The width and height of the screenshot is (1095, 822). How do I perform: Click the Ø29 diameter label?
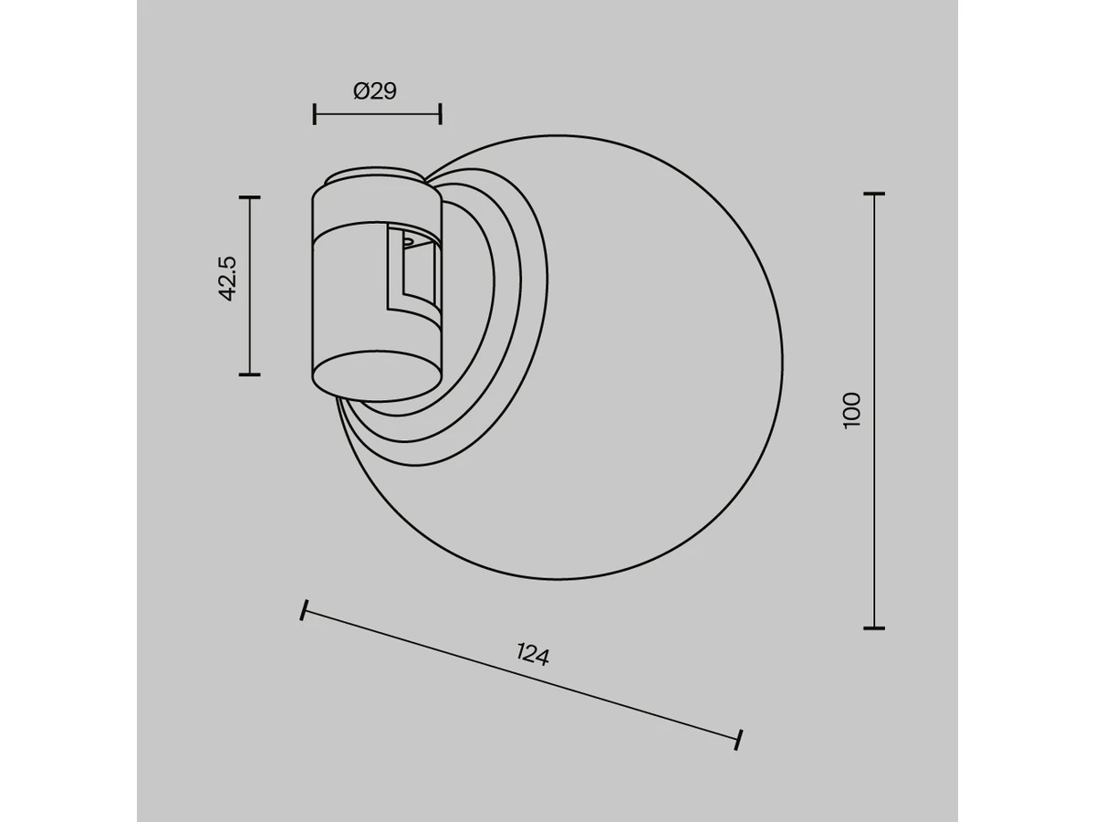coord(375,91)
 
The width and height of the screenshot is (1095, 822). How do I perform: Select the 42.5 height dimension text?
coord(227,279)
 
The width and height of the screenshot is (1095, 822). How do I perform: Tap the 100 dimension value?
coord(851,410)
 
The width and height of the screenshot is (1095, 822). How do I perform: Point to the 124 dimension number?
coord(533,655)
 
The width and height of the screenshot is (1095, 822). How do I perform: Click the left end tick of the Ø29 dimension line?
coord(314,114)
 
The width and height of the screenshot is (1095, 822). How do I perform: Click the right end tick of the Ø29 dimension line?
coord(441,114)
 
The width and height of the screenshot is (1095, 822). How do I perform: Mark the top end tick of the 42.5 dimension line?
coord(250,197)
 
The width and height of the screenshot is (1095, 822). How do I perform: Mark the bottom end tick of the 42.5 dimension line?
coord(250,374)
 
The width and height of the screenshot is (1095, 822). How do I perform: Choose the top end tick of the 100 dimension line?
coord(874,194)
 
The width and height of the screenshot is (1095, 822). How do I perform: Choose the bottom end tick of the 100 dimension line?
coord(874,627)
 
